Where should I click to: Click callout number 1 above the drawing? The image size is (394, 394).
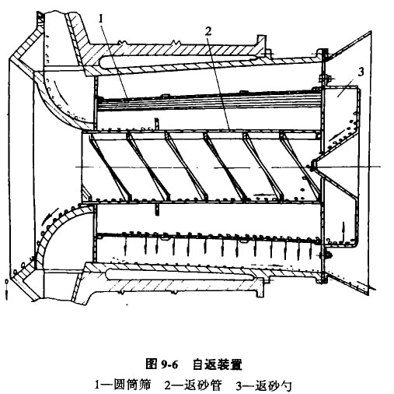(x=101, y=19)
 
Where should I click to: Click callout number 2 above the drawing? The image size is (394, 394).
(x=208, y=31)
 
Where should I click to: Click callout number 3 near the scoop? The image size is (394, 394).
(x=361, y=72)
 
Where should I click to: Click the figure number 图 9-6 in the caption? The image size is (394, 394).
(x=162, y=364)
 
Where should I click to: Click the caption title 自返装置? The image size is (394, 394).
(x=217, y=364)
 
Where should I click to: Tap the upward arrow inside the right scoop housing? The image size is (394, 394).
(x=343, y=230)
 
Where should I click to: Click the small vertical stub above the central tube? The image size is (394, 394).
(x=157, y=124)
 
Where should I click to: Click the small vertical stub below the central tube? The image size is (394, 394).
(x=156, y=209)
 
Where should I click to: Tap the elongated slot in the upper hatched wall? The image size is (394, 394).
(x=179, y=60)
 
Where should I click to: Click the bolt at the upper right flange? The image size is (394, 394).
(x=326, y=78)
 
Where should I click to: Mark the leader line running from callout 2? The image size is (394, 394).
(x=219, y=83)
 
